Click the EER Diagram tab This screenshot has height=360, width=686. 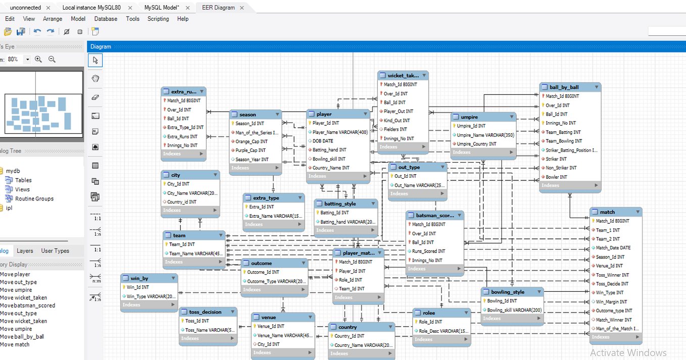tap(218, 8)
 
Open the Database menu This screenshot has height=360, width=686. tap(106, 19)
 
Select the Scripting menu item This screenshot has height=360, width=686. tap(158, 19)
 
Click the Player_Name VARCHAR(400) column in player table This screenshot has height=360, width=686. tap(340, 132)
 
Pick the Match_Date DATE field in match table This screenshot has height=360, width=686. tap(613, 248)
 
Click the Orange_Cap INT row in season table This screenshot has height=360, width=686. tap(251, 141)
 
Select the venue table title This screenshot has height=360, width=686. tap(269, 318)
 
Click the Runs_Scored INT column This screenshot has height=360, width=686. tap(428, 251)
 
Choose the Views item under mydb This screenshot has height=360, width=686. tap(22, 189)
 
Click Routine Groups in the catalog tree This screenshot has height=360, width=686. tap(34, 198)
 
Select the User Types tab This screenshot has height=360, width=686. tap(55, 250)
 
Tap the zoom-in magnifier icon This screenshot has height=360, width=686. tap(38, 59)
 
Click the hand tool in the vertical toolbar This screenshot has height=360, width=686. tap(95, 79)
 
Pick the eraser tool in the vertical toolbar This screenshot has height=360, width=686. tap(95, 97)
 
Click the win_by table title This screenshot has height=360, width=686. tap(139, 278)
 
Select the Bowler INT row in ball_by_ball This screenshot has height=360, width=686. tap(556, 177)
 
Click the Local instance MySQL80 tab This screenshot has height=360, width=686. tap(91, 8)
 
